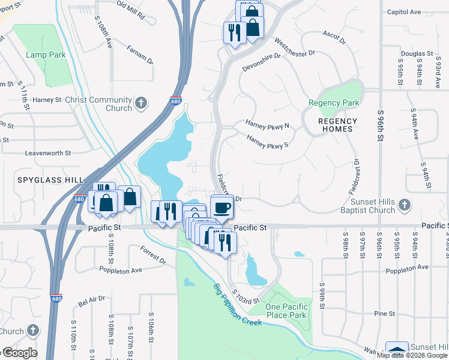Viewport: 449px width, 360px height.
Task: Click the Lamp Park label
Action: [46, 55]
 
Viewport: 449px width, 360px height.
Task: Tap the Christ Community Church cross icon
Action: [141, 103]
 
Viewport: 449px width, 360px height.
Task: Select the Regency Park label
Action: [334, 103]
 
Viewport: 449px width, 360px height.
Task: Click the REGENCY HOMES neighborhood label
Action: [339, 125]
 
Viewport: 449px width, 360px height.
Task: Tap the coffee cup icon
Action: [222, 208]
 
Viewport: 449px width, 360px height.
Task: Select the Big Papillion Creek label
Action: [238, 305]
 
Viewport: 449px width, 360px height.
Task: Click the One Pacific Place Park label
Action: [286, 311]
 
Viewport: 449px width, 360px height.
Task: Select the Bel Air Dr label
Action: [92, 298]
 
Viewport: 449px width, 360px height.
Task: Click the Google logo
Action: [19, 352]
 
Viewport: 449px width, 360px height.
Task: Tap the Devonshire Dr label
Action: [262, 62]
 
